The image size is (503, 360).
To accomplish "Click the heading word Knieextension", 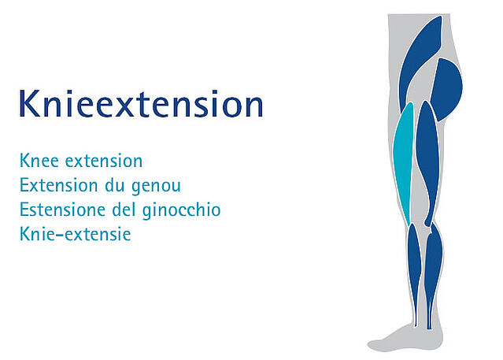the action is [x=141, y=103].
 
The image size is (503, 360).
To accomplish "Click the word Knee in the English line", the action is [x=39, y=161].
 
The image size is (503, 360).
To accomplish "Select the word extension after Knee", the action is [x=104, y=161].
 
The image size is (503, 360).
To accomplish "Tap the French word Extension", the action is [x=59, y=185].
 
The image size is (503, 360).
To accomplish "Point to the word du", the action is [x=114, y=185].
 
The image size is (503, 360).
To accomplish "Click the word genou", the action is [x=156, y=187].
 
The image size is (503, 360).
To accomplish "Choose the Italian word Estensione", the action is [x=62, y=210].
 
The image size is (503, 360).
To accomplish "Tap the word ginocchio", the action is [x=181, y=210].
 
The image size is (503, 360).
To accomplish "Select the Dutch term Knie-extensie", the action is [x=76, y=234].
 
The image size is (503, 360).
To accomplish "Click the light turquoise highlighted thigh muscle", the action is [x=403, y=161].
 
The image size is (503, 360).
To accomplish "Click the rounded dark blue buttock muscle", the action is [x=447, y=89].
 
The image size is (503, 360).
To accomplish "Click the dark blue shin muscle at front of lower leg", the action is [x=414, y=263].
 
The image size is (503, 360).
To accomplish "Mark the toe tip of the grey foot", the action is [x=369, y=346].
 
